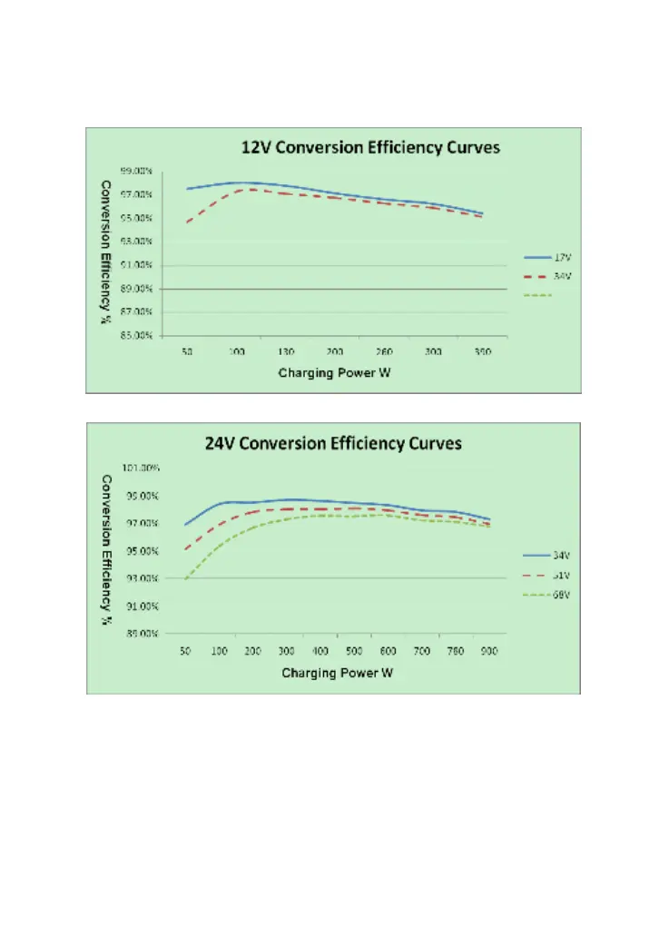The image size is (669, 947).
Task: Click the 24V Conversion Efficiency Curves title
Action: [333, 444]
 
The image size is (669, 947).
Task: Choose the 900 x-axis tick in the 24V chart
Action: [488, 651]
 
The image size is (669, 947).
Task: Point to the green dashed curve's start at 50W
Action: [185, 578]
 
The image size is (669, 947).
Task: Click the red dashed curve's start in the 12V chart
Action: [187, 222]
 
